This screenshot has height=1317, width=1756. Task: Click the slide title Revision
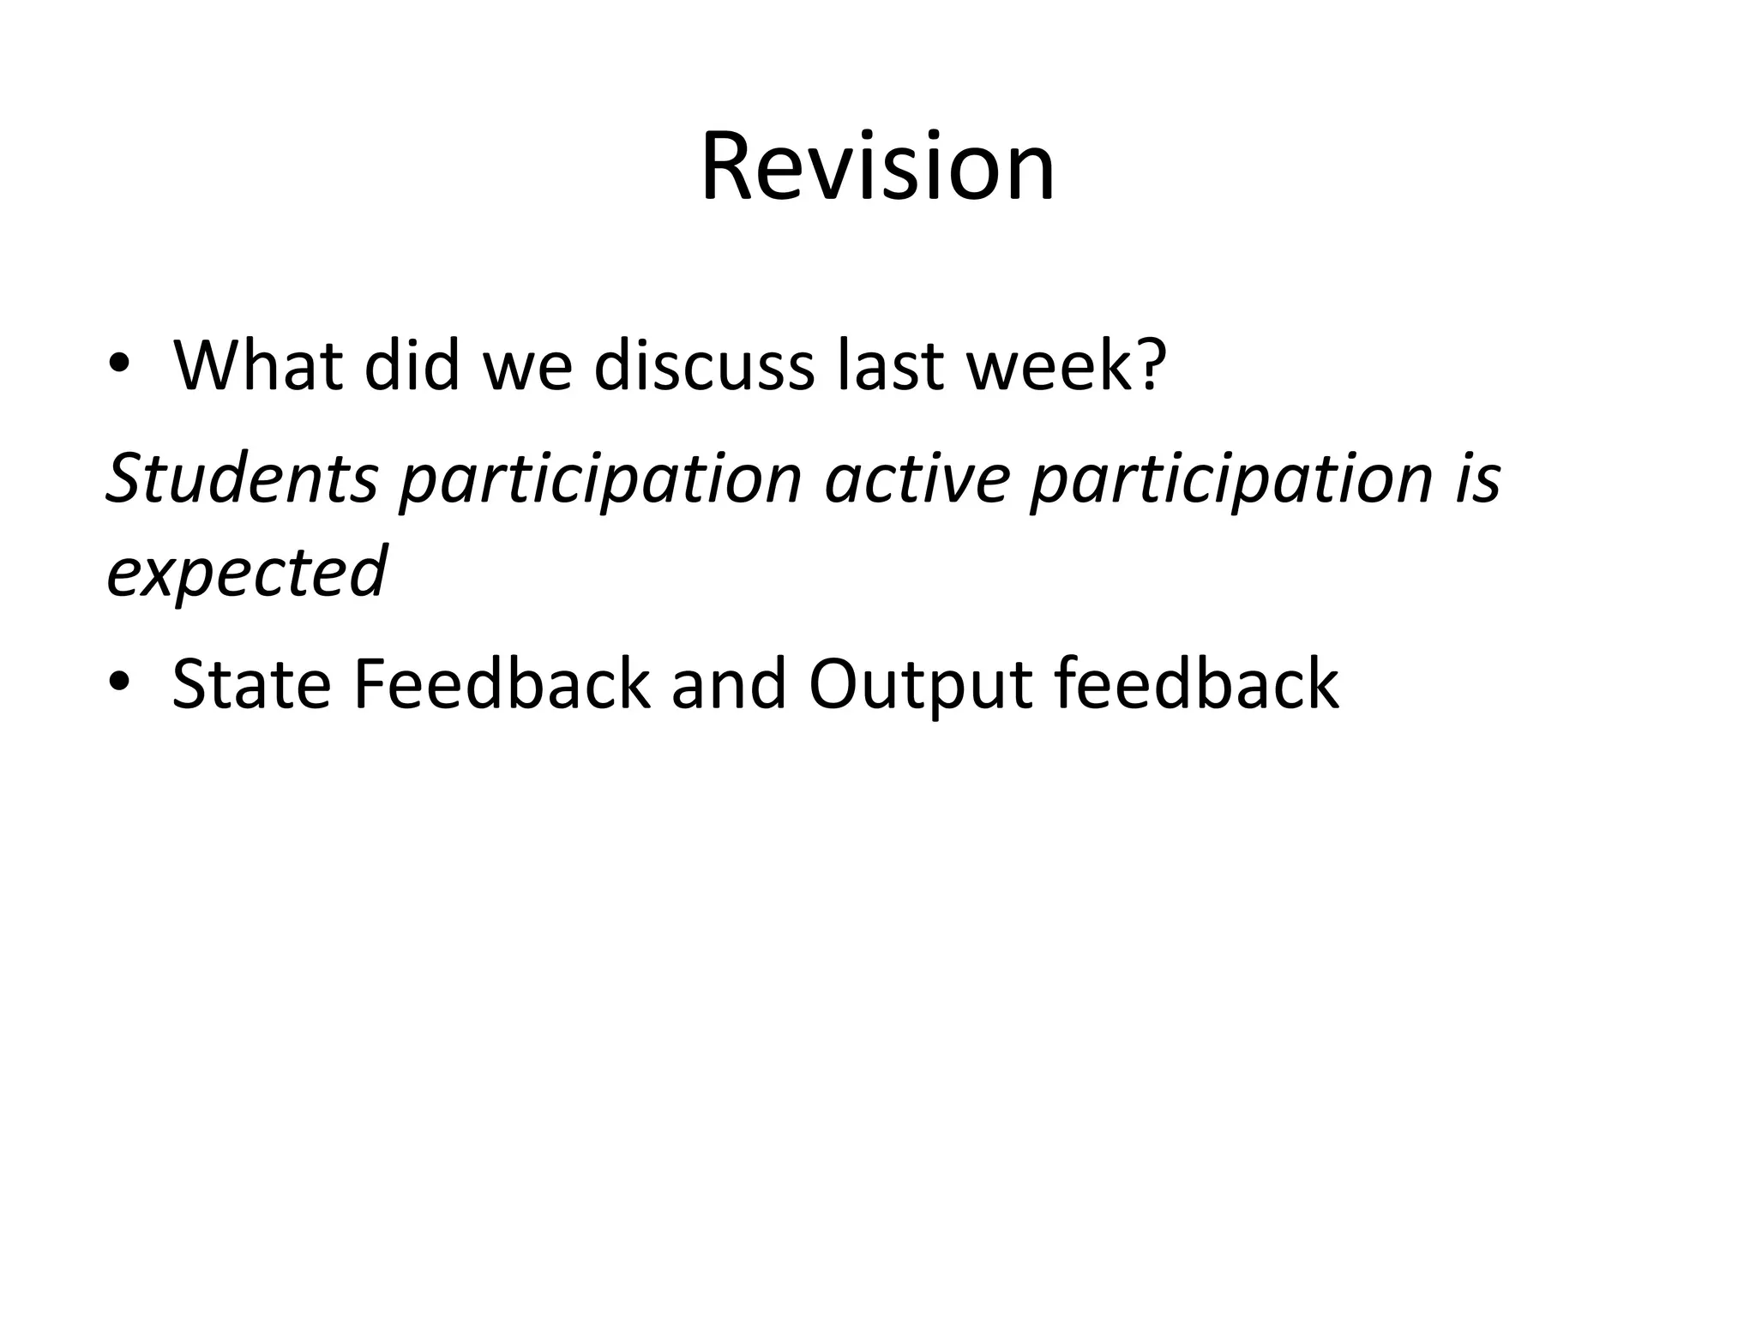[x=877, y=166]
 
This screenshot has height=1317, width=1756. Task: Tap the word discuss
[x=703, y=366]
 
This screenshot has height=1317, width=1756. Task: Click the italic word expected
[x=247, y=573]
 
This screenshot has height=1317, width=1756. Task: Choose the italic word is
[x=1477, y=478]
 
